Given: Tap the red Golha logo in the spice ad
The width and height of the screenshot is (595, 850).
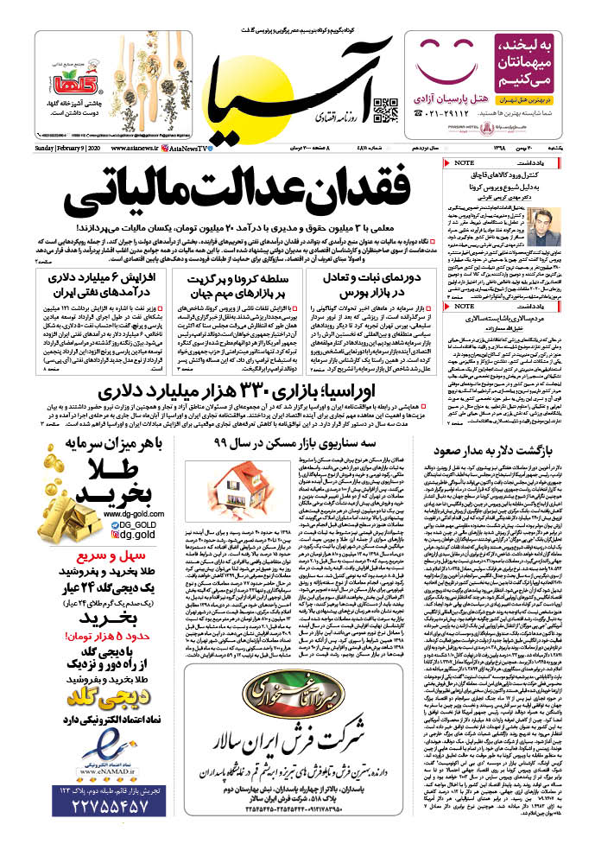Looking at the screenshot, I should coord(111,86).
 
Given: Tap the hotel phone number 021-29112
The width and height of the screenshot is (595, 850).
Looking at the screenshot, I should coord(427,113).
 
